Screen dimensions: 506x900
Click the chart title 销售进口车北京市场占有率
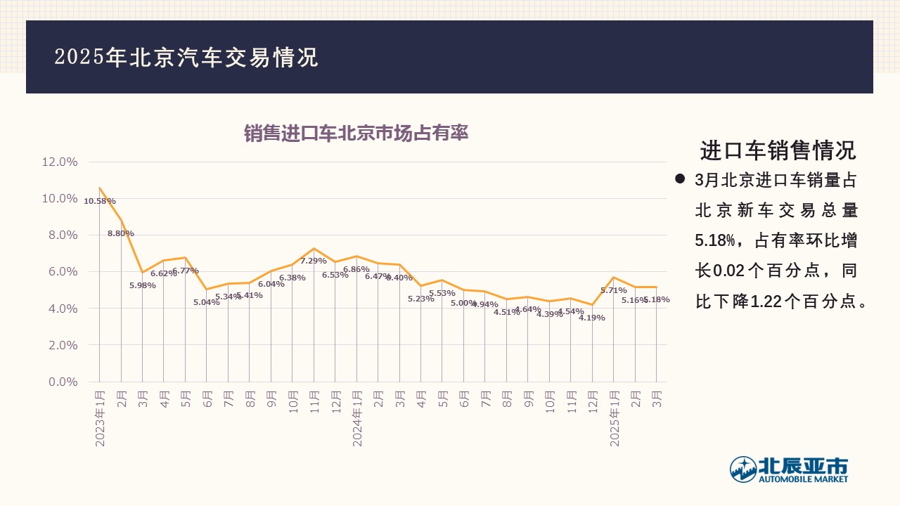click(x=356, y=134)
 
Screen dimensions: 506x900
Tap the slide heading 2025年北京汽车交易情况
click(x=186, y=58)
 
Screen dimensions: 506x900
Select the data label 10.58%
click(x=99, y=202)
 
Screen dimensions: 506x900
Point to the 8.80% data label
click(x=120, y=233)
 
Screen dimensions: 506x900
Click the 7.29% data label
click(x=314, y=261)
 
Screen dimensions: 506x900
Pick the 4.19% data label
click(x=591, y=318)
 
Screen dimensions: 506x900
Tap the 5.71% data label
click(x=613, y=290)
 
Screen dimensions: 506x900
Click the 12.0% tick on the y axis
click(x=60, y=162)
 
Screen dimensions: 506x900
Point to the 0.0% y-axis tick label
click(x=63, y=382)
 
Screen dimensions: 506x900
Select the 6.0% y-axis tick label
click(x=63, y=272)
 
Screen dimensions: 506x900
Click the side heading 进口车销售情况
click(x=778, y=150)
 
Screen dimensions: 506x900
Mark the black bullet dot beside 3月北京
click(x=680, y=179)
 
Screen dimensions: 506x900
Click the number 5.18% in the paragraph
click(x=714, y=241)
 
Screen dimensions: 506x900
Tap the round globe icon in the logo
click(x=742, y=469)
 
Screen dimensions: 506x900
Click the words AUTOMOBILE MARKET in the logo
click(x=802, y=479)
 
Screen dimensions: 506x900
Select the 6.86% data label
click(x=356, y=269)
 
